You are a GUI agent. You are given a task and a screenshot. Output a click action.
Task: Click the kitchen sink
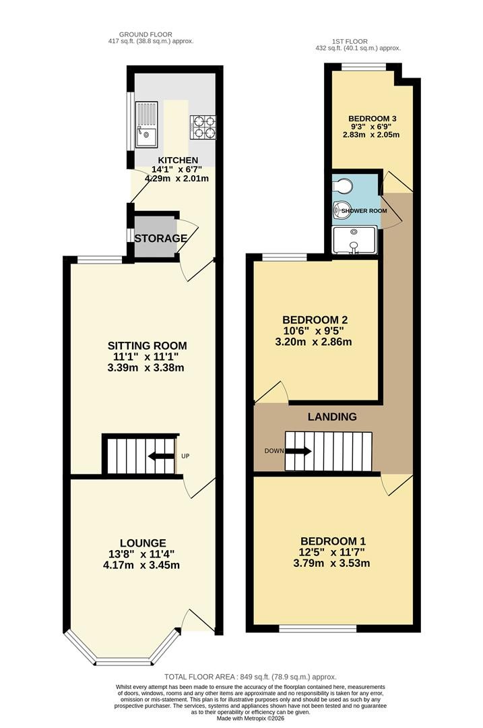click(x=146, y=124)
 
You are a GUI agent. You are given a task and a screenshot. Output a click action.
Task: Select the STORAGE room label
click(x=161, y=238)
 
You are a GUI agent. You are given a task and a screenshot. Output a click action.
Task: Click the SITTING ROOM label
click(x=147, y=345)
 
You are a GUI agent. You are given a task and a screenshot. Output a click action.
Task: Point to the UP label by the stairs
click(x=185, y=456)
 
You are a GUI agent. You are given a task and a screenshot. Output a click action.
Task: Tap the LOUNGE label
click(x=143, y=543)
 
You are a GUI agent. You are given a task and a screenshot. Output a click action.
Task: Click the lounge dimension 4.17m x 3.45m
click(x=141, y=565)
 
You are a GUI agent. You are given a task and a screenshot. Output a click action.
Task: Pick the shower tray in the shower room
click(x=354, y=240)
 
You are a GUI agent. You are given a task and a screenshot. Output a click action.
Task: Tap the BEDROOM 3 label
click(x=372, y=119)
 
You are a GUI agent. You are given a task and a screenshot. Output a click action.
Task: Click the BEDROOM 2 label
click(x=315, y=320)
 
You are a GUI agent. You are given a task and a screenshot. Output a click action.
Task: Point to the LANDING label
click(x=332, y=417)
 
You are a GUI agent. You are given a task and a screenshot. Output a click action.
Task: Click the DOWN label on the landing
click(x=273, y=451)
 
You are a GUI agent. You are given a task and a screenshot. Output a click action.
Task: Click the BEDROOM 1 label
click(x=333, y=541)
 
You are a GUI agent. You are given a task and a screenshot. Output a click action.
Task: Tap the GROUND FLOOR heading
click(x=146, y=34)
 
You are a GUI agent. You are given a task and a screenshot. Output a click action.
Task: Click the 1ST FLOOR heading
click(x=350, y=41)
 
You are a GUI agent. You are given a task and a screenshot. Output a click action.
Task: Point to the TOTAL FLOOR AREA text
click(x=251, y=677)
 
